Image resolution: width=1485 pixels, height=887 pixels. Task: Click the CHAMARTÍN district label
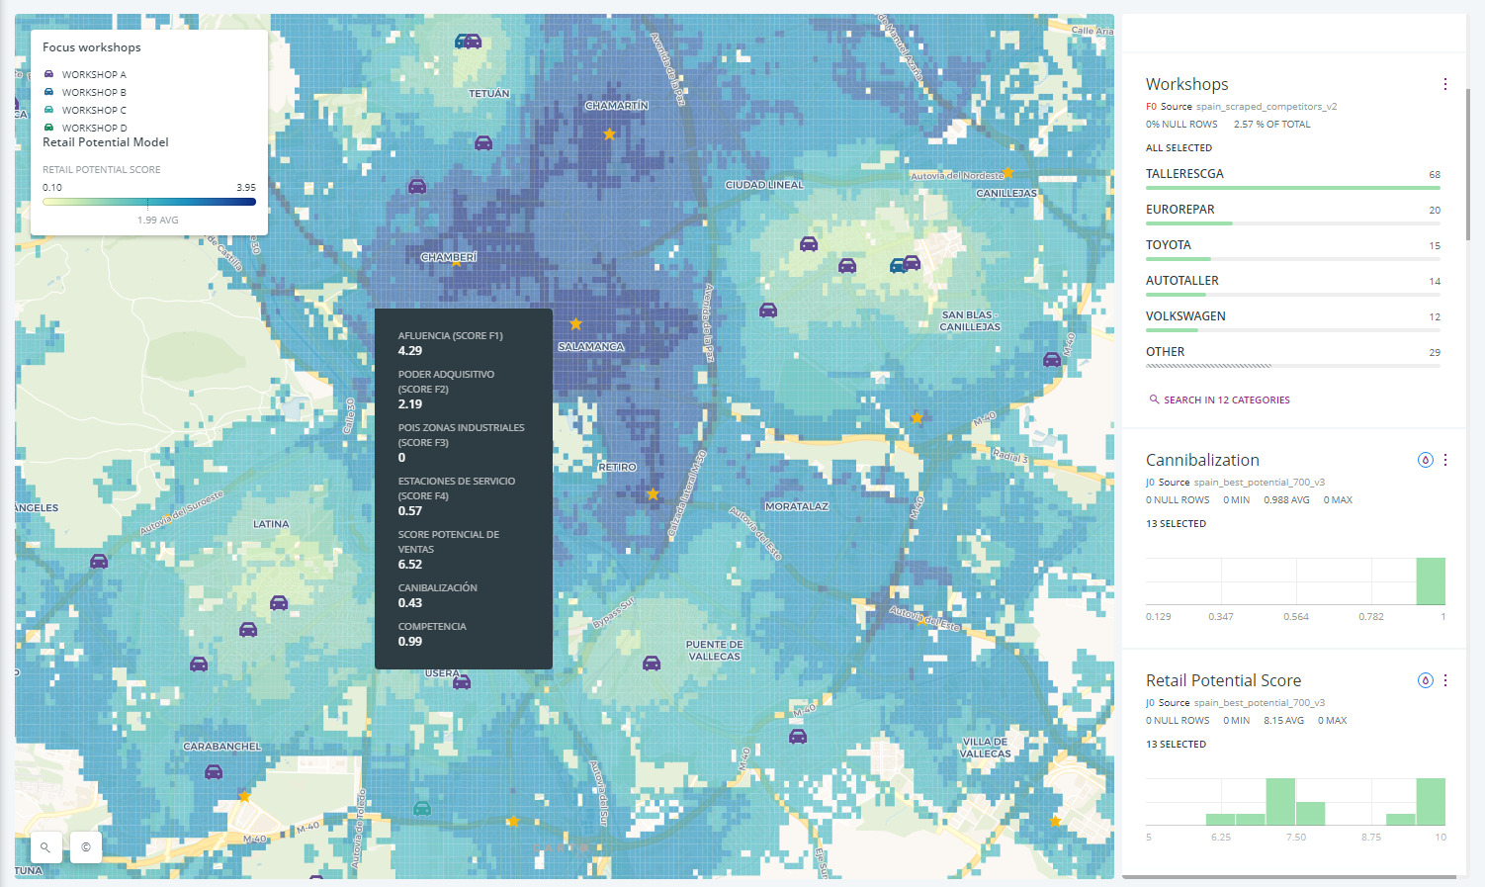(616, 106)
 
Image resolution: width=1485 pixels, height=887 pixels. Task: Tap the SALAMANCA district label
(590, 347)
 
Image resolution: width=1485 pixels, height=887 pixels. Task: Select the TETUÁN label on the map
(489, 94)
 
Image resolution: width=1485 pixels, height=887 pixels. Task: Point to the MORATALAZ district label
(797, 506)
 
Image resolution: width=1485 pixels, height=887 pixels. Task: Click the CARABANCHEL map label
(222, 747)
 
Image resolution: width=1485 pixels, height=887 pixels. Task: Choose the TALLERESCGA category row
(1184, 174)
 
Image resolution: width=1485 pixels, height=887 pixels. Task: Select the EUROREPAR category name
(1179, 210)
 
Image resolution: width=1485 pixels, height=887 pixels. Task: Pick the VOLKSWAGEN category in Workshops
(1185, 316)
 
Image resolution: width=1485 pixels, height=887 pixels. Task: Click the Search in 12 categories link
(1226, 400)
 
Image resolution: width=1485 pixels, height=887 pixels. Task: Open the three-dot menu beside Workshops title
(1444, 85)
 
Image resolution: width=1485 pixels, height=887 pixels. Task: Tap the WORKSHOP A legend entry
(94, 75)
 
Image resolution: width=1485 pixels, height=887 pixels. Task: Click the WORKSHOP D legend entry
(94, 129)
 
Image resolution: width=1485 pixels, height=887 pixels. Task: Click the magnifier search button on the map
(45, 847)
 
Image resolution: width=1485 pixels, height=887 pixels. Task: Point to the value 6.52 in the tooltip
(410, 565)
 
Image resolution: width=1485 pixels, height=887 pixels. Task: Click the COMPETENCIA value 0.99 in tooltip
(410, 642)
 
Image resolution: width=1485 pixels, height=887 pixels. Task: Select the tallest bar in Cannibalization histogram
(1431, 581)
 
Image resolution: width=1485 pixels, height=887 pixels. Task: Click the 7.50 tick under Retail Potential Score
(1296, 838)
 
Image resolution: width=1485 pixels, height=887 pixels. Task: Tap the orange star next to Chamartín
(610, 134)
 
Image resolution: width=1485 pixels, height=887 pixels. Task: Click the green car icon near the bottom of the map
(422, 808)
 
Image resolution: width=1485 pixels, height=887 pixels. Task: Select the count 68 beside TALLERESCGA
(1434, 175)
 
